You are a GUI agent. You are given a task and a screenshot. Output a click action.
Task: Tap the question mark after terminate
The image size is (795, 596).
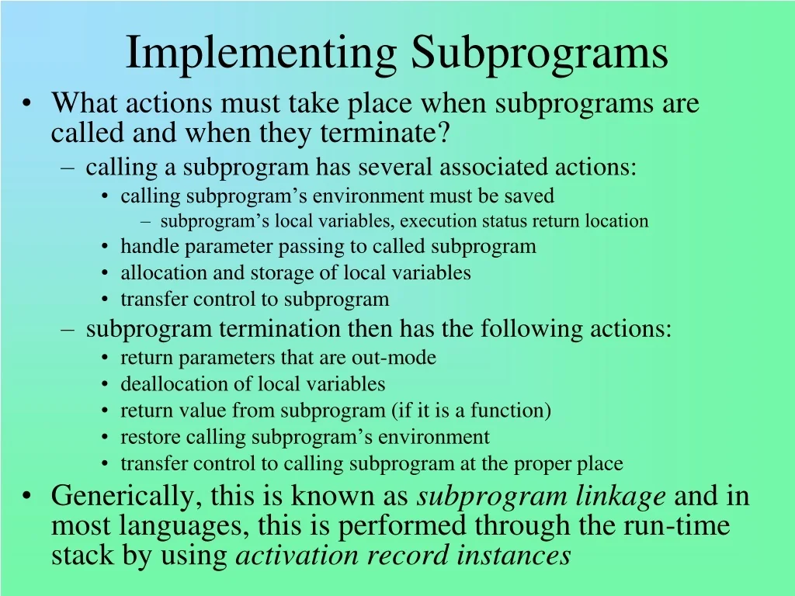[x=444, y=133]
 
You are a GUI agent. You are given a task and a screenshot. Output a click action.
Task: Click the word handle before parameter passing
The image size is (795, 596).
[x=144, y=247]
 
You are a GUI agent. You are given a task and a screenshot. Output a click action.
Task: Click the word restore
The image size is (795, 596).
[x=145, y=437]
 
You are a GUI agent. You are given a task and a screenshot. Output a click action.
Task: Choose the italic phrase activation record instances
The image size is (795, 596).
[x=403, y=556]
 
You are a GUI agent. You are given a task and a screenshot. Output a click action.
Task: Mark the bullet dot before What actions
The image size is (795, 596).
[x=28, y=104]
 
